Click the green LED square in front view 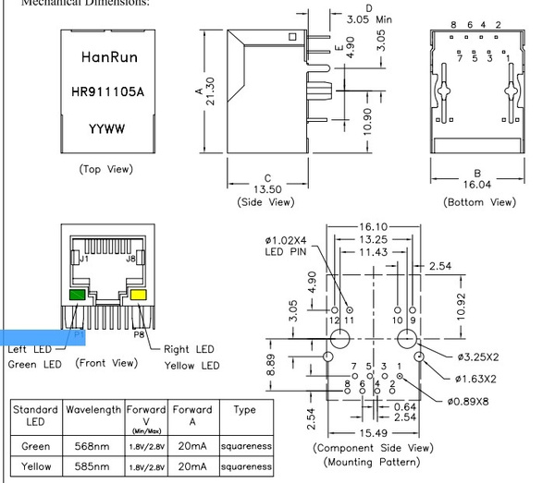point(78,295)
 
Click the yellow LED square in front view point(140,295)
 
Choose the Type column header point(244,409)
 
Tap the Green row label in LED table point(36,445)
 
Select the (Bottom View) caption point(479,201)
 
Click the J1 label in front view point(84,260)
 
